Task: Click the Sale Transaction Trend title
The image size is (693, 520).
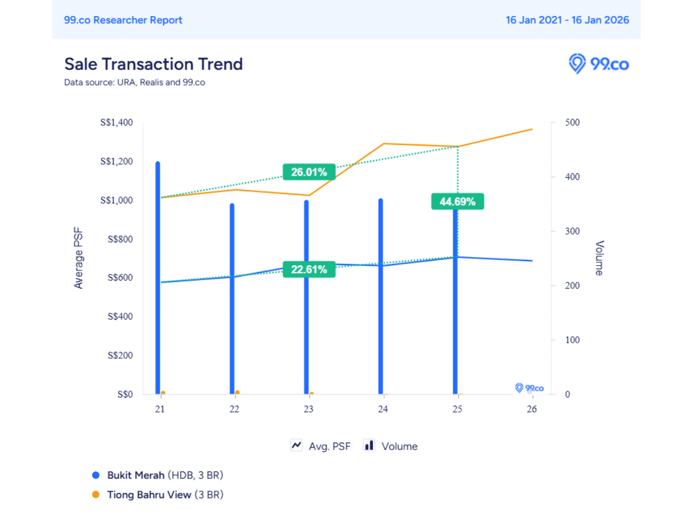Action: [153, 64]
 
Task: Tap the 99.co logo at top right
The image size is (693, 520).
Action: [599, 64]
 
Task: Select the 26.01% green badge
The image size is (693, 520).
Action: [309, 172]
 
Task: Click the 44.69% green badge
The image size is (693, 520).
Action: [457, 202]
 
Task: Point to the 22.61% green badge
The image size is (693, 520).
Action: [309, 269]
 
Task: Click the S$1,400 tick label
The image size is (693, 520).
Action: [117, 122]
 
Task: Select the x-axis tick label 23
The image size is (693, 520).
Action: [308, 409]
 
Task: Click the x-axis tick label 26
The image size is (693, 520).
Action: [532, 409]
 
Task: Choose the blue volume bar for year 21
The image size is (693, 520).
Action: [158, 277]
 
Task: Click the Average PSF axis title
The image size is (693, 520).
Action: [79, 258]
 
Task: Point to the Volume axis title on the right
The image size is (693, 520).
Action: [599, 258]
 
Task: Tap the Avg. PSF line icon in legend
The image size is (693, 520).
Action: [297, 445]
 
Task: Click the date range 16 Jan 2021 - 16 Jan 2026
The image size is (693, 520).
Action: [567, 20]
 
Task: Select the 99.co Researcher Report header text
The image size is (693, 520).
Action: [123, 20]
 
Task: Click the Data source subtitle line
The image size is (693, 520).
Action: [134, 82]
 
